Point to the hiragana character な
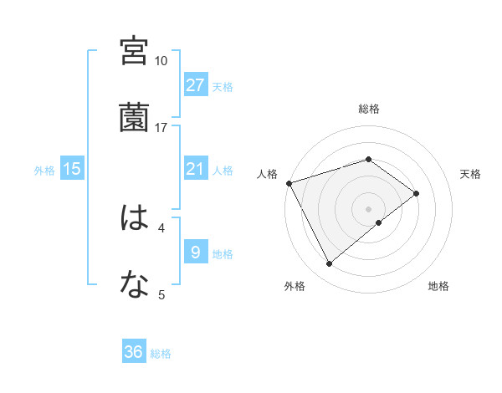(135, 285)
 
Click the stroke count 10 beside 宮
(161, 61)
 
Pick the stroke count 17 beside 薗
(161, 128)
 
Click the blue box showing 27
(196, 85)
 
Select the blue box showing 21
(196, 169)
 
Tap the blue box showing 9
(196, 253)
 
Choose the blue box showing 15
(72, 169)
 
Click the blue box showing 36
(134, 352)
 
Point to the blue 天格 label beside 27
(223, 86)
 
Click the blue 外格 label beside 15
(44, 170)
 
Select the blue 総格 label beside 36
(161, 354)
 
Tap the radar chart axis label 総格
(369, 109)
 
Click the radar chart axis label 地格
(438, 286)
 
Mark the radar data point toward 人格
(289, 182)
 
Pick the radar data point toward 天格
(416, 193)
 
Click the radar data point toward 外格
(329, 264)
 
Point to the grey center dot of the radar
(369, 208)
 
